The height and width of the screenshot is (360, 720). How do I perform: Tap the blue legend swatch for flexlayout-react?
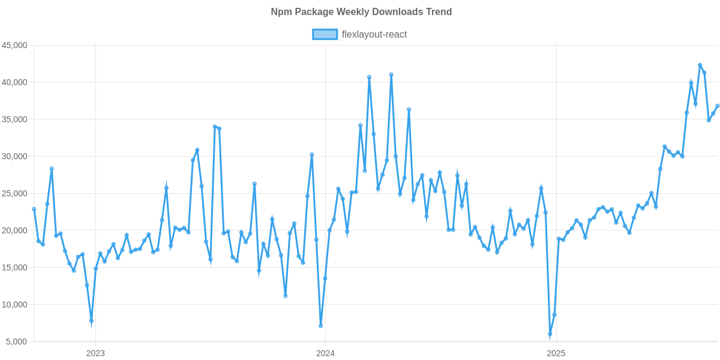pos(325,35)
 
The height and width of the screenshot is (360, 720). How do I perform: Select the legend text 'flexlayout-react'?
pos(374,35)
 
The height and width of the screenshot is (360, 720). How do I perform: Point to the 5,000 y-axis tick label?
pos(17,342)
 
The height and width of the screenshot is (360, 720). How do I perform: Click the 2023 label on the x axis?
pos(95,353)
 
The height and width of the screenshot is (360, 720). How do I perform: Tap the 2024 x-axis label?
pos(325,353)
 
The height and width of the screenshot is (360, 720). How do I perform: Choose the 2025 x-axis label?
pos(556,353)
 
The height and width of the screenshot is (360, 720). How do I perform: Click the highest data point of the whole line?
pos(700,65)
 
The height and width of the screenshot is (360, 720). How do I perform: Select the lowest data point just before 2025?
pos(550,334)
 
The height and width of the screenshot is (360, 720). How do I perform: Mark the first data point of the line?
pos(34,209)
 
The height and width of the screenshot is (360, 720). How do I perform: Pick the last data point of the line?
pos(717,106)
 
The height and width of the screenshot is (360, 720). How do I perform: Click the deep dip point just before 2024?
pos(320,326)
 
